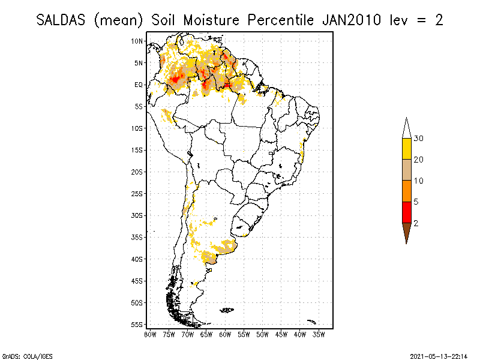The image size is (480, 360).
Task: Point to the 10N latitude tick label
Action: (137, 41)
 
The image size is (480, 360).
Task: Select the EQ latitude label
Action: (139, 85)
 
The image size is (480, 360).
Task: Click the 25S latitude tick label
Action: (137, 193)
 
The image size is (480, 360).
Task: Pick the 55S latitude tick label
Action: (137, 324)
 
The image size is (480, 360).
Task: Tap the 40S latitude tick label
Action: (137, 259)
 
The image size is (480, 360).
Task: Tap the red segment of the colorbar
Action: (406, 212)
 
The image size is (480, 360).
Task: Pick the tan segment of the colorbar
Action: (406, 170)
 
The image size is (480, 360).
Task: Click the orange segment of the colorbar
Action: (406, 191)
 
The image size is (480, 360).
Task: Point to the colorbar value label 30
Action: (419, 139)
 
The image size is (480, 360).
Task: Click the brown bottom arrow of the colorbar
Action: (406, 232)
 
